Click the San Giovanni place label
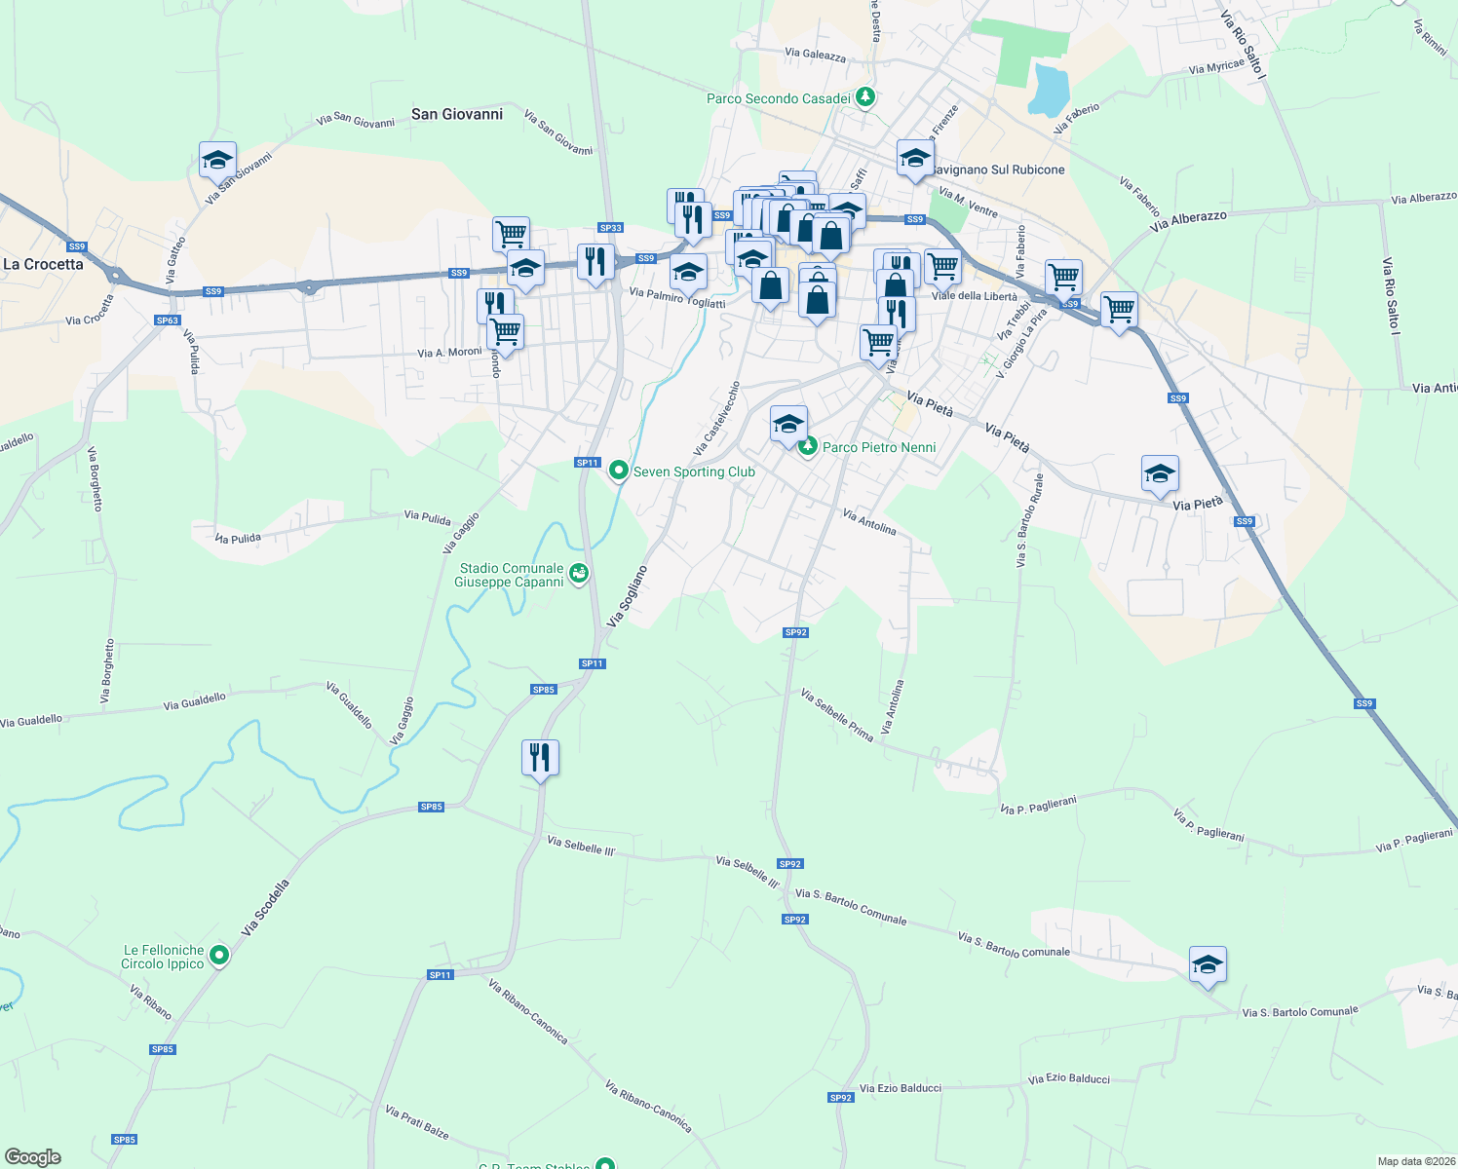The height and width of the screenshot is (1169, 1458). coord(457,114)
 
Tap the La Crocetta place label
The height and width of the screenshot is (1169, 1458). coord(44,264)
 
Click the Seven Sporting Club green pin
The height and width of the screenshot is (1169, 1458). coord(618,471)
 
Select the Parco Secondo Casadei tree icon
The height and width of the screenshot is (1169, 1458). coord(864,97)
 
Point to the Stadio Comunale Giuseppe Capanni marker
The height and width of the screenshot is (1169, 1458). coord(580,574)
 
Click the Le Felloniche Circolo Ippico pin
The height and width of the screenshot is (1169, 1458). coord(219,956)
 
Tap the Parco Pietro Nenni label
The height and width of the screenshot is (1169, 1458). coord(879,447)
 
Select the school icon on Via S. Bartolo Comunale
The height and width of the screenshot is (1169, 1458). coord(1208,964)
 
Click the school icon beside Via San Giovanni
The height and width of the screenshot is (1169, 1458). coord(217,160)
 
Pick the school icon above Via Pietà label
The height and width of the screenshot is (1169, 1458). coord(1159,474)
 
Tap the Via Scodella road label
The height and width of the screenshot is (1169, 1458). coord(266,908)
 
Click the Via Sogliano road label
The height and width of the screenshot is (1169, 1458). coord(628,595)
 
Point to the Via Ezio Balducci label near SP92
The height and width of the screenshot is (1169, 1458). coord(901,1088)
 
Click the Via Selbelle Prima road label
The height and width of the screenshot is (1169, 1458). coord(836,714)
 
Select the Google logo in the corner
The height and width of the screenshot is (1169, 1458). coord(33,1157)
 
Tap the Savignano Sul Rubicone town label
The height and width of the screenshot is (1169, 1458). coord(998,170)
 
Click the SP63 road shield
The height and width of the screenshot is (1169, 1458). coord(168,321)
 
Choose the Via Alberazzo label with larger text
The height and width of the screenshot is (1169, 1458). coord(1188,221)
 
